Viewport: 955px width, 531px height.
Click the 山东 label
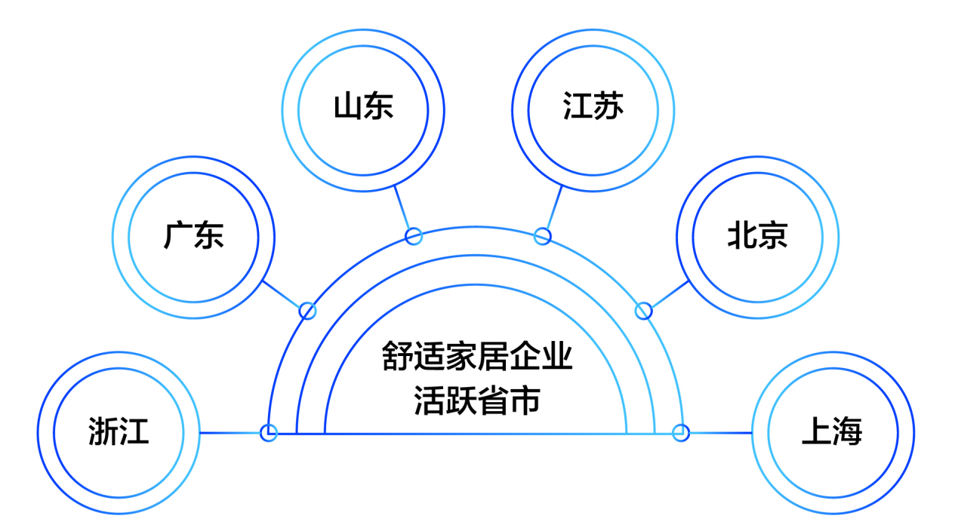363,106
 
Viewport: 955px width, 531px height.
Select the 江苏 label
593,106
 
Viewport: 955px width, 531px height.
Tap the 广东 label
193,235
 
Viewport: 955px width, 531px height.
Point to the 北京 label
758,235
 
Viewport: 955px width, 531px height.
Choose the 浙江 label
119,431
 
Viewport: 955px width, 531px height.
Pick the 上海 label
832,431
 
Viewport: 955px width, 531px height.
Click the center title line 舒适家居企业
476,355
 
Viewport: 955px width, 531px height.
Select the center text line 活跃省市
476,401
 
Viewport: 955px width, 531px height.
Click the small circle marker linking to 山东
414,236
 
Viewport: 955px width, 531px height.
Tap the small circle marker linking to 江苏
542,236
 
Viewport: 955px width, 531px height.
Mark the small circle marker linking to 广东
307,311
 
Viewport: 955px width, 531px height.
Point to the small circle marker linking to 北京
644,311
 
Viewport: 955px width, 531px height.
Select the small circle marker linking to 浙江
269,433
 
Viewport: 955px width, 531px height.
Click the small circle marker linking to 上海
681,433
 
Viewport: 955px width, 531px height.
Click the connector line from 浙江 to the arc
230,433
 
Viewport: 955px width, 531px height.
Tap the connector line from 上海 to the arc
721,433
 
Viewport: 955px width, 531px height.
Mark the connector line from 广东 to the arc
282,294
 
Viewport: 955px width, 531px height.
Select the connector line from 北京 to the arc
670,294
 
